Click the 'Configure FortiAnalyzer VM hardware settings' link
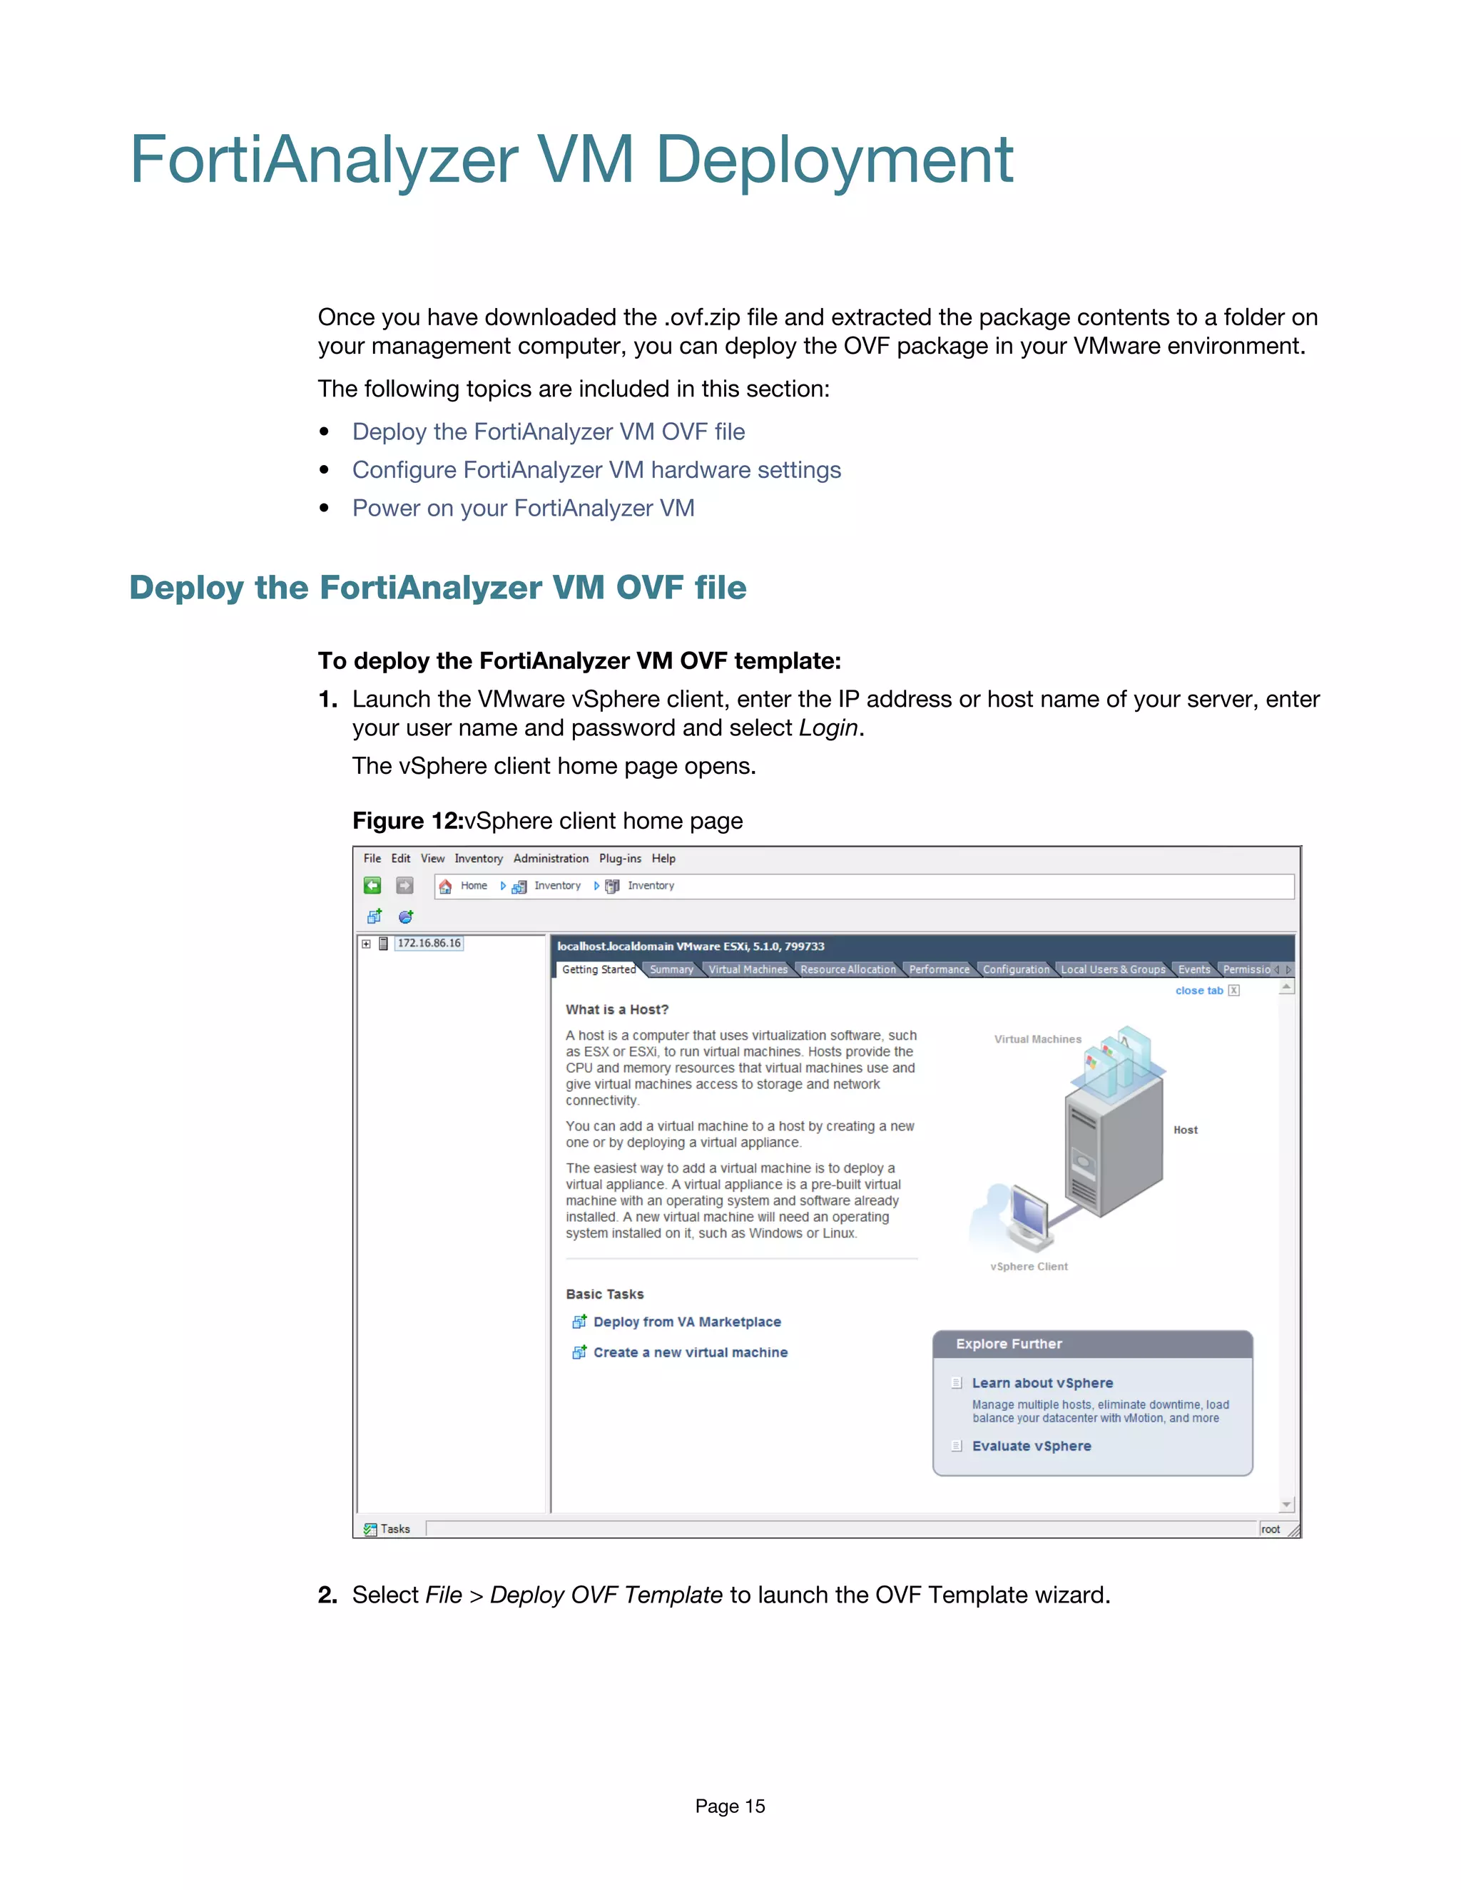click(596, 470)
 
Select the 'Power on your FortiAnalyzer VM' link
click(523, 508)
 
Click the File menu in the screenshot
click(372, 859)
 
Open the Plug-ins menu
click(620, 859)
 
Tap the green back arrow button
click(372, 885)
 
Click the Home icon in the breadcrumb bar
click(446, 886)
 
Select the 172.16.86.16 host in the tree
click(429, 944)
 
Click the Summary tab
click(671, 969)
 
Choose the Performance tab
click(938, 969)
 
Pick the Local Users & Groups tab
click(1112, 969)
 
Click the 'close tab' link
click(1198, 991)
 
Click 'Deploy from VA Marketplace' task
click(686, 1322)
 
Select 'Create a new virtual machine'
click(690, 1352)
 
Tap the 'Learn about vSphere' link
click(1042, 1383)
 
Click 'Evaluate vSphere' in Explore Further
click(1031, 1446)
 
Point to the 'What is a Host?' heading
click(617, 1010)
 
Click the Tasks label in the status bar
click(394, 1529)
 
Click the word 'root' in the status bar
click(1270, 1529)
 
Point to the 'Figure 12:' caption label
click(407, 821)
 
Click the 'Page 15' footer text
click(730, 1806)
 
